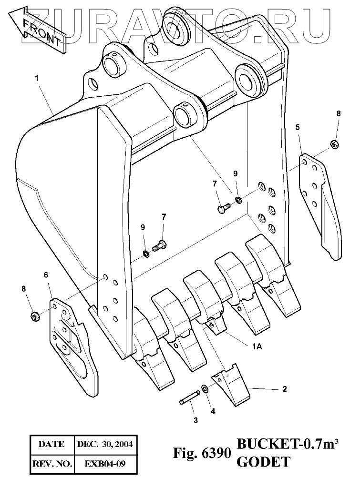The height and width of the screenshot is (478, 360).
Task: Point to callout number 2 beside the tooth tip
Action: [285, 389]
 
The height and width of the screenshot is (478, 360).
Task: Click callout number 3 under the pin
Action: [195, 420]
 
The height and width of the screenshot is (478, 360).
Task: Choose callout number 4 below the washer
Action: [213, 410]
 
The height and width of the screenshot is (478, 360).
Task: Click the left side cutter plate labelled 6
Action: [72, 346]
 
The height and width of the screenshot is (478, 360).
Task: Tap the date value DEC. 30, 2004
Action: [104, 445]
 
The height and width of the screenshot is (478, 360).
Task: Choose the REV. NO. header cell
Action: [51, 463]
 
